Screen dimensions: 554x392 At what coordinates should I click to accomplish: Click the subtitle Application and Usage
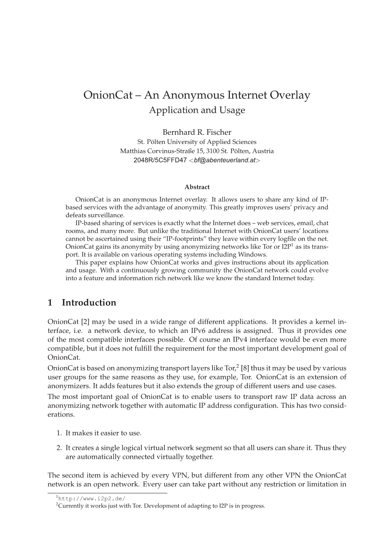196,111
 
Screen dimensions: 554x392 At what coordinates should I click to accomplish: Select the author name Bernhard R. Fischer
197,132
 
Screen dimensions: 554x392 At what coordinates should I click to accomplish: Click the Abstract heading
197,187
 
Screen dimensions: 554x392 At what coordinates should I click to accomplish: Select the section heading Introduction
89,303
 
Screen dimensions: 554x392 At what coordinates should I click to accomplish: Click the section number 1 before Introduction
50,303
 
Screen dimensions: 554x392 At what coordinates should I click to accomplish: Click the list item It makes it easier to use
103,433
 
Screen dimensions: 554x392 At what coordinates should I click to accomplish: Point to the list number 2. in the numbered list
59,448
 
